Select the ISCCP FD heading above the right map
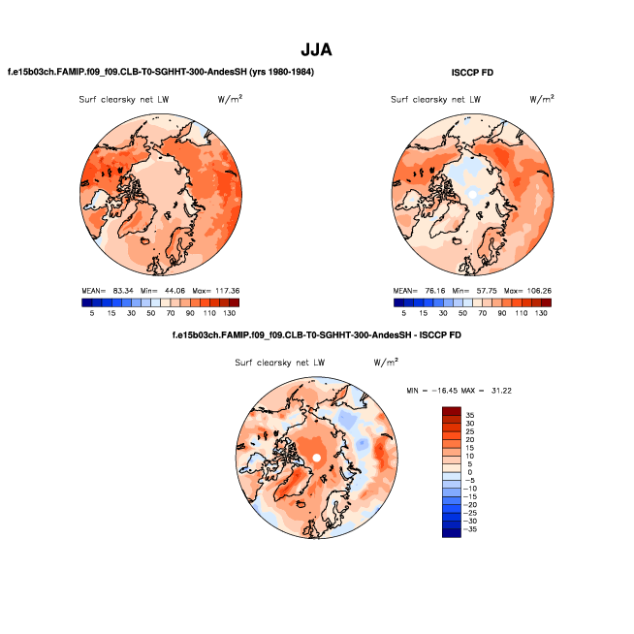(x=475, y=73)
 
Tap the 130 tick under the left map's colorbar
(x=229, y=313)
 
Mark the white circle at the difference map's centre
(x=317, y=457)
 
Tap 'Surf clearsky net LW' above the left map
(x=123, y=100)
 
